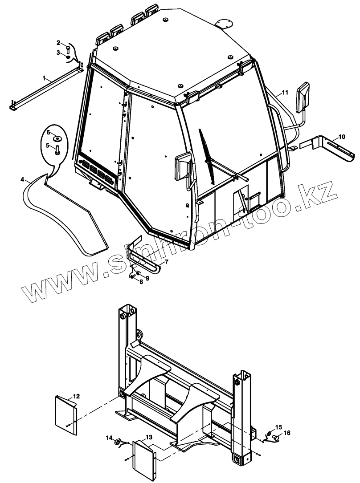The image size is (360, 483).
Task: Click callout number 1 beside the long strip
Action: (45, 78)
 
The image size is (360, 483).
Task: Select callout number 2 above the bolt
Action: (58, 43)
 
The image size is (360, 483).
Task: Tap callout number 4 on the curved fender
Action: (22, 179)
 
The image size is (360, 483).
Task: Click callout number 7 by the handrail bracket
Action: (166, 262)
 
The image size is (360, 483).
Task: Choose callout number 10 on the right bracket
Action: (342, 136)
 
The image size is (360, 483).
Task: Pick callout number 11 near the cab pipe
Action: (285, 92)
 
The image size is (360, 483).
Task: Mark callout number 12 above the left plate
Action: (77, 396)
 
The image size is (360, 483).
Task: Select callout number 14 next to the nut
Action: (109, 438)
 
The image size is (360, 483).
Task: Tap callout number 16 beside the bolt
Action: (287, 433)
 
